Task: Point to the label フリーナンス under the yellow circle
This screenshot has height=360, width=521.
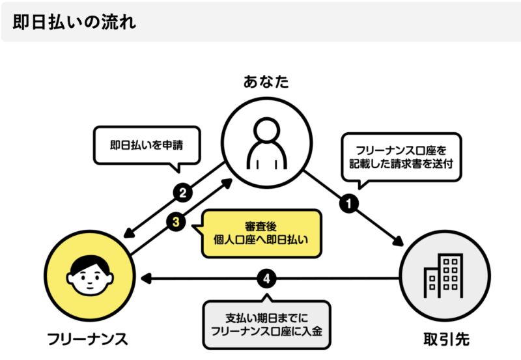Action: click(x=87, y=339)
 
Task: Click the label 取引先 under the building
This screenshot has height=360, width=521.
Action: click(x=442, y=339)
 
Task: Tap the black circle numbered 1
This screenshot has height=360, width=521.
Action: click(x=349, y=203)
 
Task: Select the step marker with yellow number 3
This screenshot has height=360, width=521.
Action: click(x=176, y=222)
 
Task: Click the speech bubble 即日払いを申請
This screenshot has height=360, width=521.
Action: click(x=145, y=145)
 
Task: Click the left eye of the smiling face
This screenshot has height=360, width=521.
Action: click(x=83, y=276)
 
